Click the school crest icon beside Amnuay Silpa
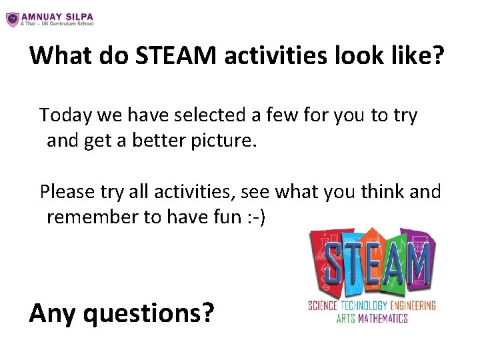click(x=12, y=19)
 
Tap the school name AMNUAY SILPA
click(x=57, y=15)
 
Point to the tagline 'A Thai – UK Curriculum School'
click(x=57, y=23)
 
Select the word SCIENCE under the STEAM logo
click(x=322, y=306)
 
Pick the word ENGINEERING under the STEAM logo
click(x=413, y=306)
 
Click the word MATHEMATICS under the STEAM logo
click(x=383, y=318)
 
